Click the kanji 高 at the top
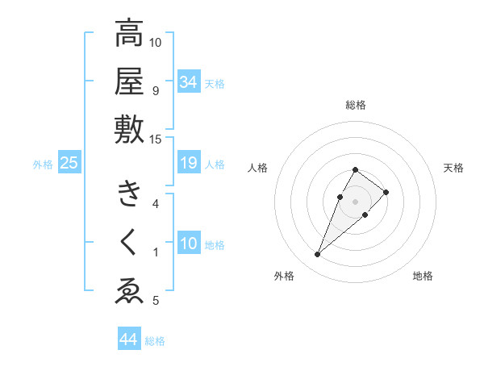tap(129, 35)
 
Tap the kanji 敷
tap(129, 130)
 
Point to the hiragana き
tap(129, 194)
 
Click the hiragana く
tap(129, 241)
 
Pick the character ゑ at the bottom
tap(129, 289)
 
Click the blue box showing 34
tap(188, 82)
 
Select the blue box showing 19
tap(188, 164)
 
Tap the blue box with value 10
tap(188, 244)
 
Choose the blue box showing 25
tap(69, 164)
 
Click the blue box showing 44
tap(128, 340)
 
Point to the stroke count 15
tap(156, 140)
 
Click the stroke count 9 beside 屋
tap(156, 91)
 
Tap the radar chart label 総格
tap(356, 105)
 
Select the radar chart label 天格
tap(453, 168)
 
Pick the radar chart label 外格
tap(284, 276)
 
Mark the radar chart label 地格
tap(423, 276)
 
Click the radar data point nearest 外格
tap(318, 255)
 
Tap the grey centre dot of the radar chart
tap(355, 200)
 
